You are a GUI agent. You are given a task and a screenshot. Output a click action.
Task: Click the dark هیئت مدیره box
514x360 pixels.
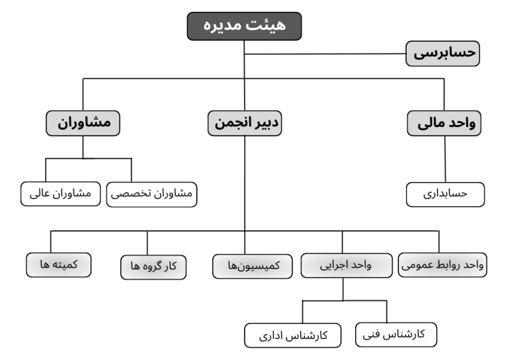point(244,26)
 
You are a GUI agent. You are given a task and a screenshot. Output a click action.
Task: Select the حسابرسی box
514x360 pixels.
point(443,54)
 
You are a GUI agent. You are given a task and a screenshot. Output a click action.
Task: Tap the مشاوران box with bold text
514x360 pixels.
point(83,123)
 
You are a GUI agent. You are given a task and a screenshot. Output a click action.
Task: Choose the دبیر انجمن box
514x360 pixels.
point(245,123)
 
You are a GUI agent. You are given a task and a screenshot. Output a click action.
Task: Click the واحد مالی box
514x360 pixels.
point(444,124)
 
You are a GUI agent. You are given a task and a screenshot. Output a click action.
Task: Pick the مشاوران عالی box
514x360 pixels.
point(61,194)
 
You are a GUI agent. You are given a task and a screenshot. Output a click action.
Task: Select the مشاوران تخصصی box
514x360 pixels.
point(152,194)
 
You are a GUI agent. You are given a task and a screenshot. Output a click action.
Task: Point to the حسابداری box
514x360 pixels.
point(445,194)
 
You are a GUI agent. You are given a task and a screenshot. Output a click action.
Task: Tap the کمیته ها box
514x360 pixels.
point(59,265)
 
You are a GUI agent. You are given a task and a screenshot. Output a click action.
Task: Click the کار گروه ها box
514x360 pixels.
point(154,267)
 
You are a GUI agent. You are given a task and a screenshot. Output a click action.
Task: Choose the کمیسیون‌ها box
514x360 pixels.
point(252,266)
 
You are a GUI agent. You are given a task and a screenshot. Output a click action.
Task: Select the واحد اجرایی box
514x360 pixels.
point(347,266)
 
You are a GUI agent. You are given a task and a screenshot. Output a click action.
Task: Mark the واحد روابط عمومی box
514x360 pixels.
point(443,265)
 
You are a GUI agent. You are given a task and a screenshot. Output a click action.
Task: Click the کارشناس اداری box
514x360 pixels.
point(293,335)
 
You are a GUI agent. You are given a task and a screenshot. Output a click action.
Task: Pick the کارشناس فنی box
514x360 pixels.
point(396,334)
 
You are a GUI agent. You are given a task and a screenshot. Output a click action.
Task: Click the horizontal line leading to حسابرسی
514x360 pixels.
point(325,54)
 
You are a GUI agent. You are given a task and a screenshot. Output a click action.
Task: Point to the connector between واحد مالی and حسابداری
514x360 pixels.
point(445,159)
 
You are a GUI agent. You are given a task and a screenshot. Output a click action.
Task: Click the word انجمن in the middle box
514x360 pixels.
point(230,123)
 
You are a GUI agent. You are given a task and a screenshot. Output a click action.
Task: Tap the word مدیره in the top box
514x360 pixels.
point(224,26)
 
